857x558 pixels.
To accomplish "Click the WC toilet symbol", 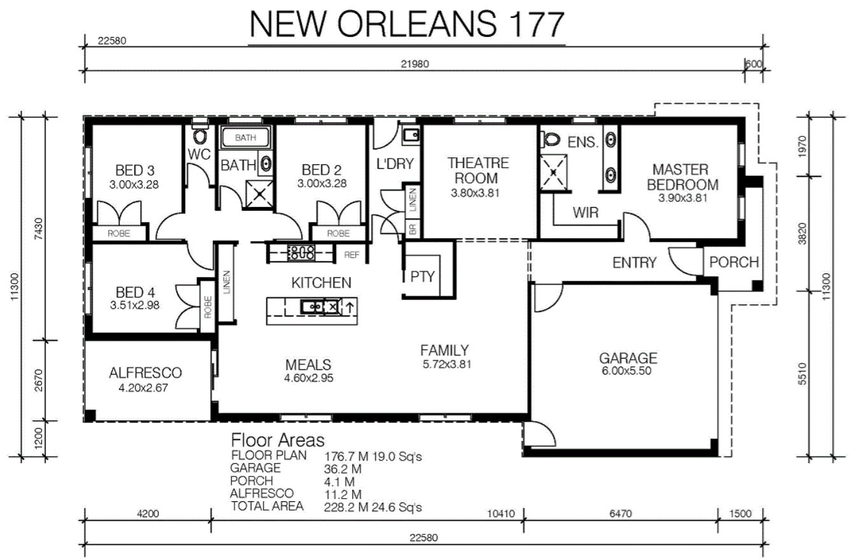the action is pos(199,132).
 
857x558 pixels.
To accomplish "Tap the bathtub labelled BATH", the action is pos(246,137).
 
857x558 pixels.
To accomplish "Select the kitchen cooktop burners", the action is pos(301,253).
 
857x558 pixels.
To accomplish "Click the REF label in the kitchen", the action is pos(351,255).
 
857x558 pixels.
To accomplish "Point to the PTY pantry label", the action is pos(422,276).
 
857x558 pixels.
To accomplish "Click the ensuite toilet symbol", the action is pos(549,139).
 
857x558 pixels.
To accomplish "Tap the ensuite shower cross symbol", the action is pos(553,172).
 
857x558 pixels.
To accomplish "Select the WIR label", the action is pos(585,212).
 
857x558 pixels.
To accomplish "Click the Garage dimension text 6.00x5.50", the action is pos(627,371).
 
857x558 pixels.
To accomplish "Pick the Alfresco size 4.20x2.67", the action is pos(143,388).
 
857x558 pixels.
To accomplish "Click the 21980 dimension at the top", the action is pos(414,64).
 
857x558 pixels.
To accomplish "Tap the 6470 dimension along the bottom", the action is pos(620,513).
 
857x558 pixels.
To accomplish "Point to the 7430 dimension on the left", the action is pos(39,229).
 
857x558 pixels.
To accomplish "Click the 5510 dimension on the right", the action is pos(802,373).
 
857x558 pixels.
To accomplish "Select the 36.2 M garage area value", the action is pos(343,469).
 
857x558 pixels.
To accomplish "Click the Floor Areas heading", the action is pos(278,440).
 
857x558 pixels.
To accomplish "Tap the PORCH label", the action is pos(734,262).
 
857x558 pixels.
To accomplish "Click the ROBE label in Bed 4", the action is pos(208,307).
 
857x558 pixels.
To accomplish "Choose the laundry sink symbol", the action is pos(411,136).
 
